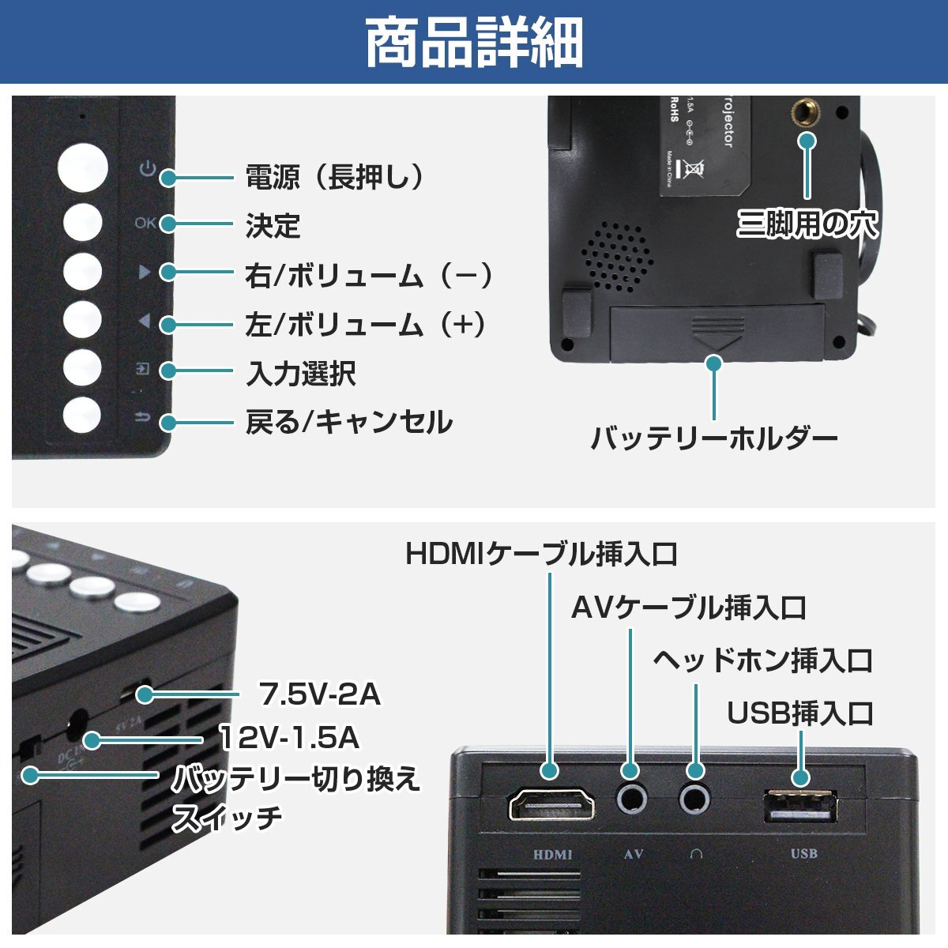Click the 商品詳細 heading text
[x=474, y=43]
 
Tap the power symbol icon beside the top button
[x=146, y=169]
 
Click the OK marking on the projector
[x=145, y=224]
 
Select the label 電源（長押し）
[x=335, y=177]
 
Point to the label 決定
[x=273, y=226]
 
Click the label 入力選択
[x=300, y=373]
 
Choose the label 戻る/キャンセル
[x=348, y=423]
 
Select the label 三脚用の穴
[x=807, y=224]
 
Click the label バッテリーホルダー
[x=713, y=438]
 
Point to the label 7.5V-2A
[x=320, y=694]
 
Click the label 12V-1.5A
[x=289, y=738]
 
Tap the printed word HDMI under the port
[x=552, y=854]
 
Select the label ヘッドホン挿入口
[x=762, y=660]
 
